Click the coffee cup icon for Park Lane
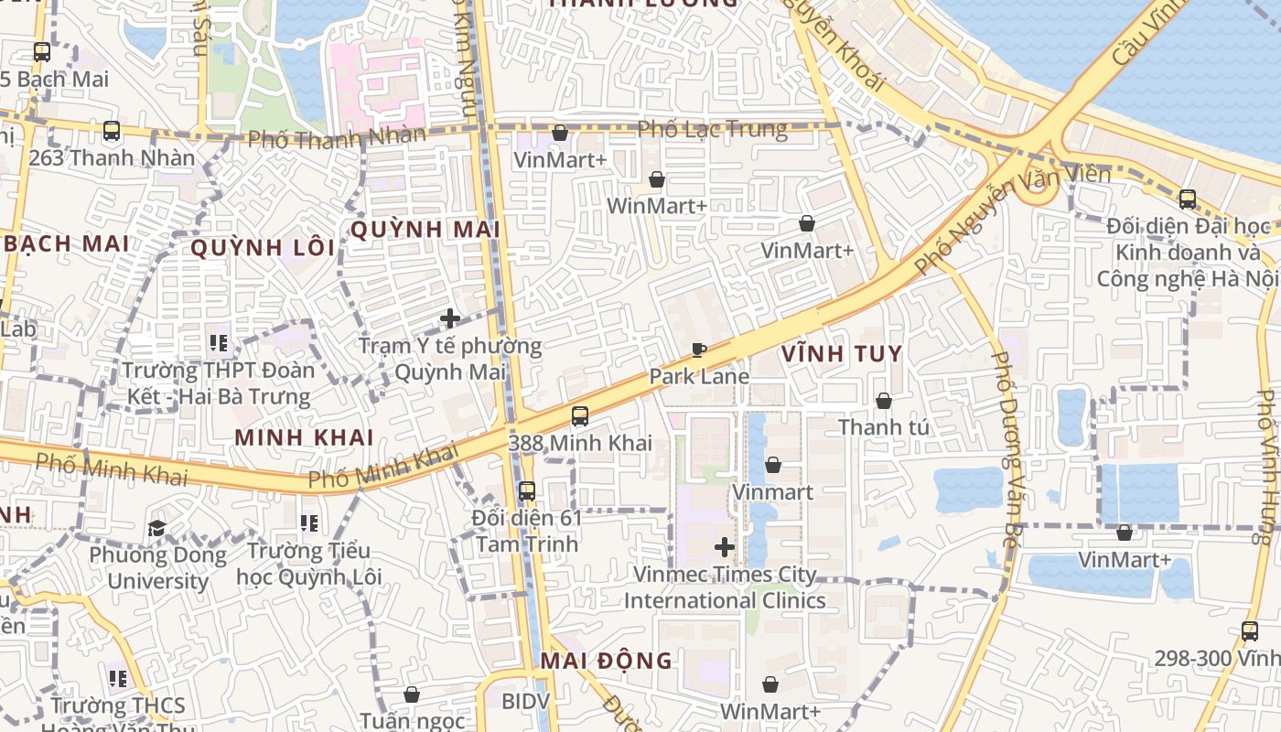click(x=699, y=350)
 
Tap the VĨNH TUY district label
click(x=842, y=354)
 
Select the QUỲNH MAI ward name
click(x=425, y=230)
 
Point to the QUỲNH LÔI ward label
click(x=264, y=248)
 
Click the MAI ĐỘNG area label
click(x=606, y=661)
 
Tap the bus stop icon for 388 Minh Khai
click(x=579, y=416)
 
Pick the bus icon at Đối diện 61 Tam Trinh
click(x=527, y=491)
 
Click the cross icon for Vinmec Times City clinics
click(x=725, y=547)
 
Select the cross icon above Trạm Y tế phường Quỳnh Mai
click(x=450, y=318)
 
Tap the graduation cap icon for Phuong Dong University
click(x=156, y=528)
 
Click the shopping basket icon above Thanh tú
click(x=884, y=401)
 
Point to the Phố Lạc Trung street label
click(x=712, y=129)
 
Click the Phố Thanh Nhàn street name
click(x=337, y=138)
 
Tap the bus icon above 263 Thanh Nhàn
click(x=112, y=131)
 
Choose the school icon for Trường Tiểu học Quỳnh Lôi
click(x=309, y=523)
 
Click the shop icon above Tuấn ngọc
click(x=412, y=694)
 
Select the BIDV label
click(x=525, y=702)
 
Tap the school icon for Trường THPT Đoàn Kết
click(x=218, y=343)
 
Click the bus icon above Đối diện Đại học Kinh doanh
click(x=1188, y=199)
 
